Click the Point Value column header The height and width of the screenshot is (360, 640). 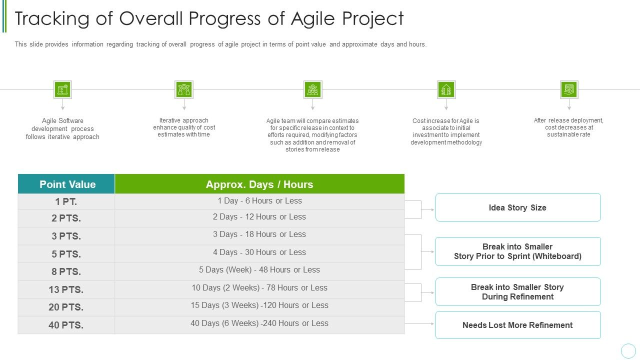(x=67, y=184)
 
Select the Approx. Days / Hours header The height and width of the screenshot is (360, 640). (x=259, y=184)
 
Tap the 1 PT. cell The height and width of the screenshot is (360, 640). (x=66, y=201)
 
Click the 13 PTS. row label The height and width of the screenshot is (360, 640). (x=66, y=289)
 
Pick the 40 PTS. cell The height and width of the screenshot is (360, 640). (x=66, y=325)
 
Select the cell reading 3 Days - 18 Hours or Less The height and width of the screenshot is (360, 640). (x=259, y=234)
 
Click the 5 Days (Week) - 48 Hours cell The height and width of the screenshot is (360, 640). (x=259, y=270)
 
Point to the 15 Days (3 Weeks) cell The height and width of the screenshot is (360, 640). (x=259, y=305)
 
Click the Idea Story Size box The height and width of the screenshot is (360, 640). (x=517, y=207)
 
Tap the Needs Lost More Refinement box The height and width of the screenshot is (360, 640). (x=517, y=325)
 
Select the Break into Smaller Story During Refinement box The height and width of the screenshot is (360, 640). (x=517, y=292)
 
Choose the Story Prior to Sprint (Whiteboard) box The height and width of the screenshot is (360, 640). (x=517, y=251)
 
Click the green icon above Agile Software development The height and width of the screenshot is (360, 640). (x=62, y=90)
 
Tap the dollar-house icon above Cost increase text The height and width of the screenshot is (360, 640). (x=446, y=90)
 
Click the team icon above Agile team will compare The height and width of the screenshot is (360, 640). (x=312, y=90)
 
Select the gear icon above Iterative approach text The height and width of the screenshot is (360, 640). (x=184, y=90)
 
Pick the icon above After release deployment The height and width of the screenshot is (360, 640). (x=569, y=90)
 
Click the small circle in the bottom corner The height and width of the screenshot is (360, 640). (x=628, y=350)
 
